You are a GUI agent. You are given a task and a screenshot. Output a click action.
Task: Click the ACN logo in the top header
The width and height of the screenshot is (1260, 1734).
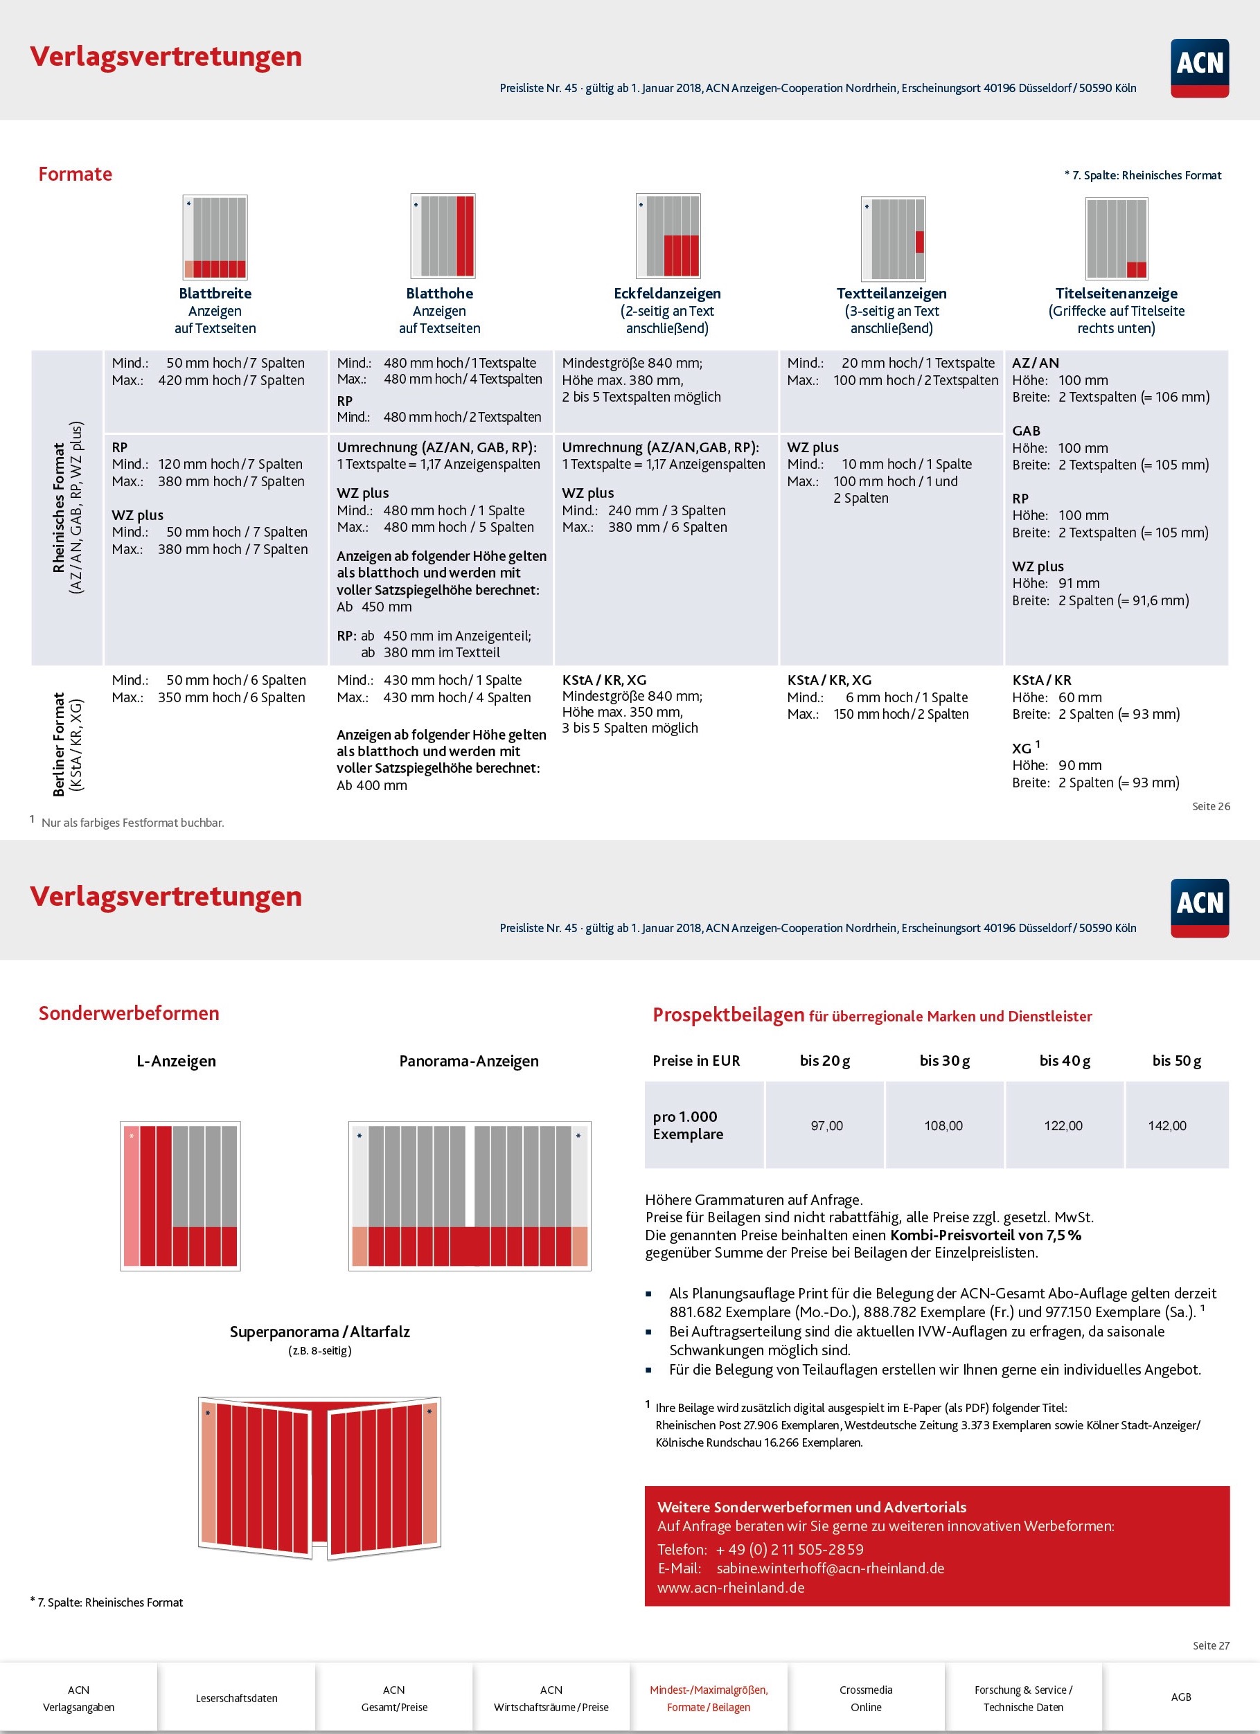1199,68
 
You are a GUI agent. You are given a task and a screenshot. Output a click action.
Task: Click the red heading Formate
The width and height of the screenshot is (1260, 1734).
75,175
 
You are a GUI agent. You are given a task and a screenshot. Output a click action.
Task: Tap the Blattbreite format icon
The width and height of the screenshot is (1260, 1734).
215,236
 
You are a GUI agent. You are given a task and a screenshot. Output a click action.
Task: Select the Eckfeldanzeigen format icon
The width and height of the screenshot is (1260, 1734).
668,235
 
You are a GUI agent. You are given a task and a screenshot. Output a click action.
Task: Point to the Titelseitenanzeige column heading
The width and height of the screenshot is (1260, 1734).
1116,294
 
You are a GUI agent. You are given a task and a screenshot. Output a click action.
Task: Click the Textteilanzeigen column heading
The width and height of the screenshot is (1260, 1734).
891,294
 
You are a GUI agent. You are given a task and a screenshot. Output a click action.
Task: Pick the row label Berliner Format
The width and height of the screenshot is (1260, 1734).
59,744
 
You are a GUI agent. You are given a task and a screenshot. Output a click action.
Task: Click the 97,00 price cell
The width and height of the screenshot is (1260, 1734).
826,1125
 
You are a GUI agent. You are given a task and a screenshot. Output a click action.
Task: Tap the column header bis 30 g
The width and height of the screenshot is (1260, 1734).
944,1060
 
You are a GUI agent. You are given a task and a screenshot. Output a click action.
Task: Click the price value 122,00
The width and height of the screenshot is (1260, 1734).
1063,1125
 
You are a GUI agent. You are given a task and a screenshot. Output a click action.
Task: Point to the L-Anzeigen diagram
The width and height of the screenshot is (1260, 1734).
180,1196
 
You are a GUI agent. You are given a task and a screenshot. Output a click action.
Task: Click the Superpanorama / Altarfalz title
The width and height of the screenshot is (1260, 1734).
319,1331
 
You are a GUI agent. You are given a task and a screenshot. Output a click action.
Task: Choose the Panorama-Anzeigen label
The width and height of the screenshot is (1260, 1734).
469,1060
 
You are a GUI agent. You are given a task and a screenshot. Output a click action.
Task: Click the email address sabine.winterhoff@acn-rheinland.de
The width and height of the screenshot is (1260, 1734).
831,1568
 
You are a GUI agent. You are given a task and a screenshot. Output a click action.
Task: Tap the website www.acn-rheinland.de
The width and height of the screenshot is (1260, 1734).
731,1587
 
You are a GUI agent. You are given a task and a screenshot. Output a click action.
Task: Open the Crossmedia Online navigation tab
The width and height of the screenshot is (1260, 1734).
867,1698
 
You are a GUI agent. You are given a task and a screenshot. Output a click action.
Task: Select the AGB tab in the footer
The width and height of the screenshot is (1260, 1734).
1181,1698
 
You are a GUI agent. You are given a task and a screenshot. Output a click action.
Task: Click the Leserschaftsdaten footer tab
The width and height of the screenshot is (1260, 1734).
236,1698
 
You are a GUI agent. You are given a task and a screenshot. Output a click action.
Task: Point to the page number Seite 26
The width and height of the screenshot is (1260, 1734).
1211,806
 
